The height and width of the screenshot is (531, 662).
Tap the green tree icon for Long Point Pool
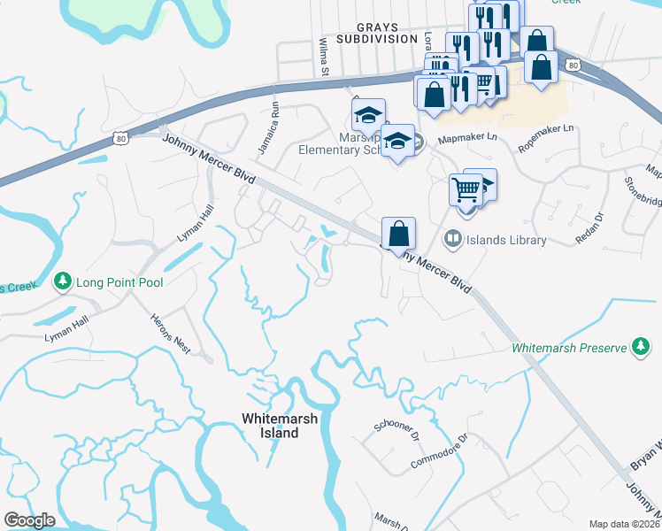click(x=62, y=282)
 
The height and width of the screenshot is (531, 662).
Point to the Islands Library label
click(x=507, y=240)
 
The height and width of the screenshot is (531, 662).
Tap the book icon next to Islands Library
click(x=453, y=240)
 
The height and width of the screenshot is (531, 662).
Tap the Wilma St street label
click(x=324, y=56)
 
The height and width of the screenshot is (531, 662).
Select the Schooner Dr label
click(x=396, y=430)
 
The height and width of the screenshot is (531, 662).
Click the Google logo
click(x=30, y=519)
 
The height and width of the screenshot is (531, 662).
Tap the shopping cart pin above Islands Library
click(x=466, y=189)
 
